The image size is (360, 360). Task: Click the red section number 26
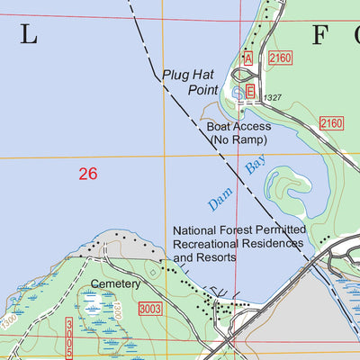pyautogui.click(x=87, y=174)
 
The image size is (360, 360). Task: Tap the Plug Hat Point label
pyautogui.click(x=185, y=82)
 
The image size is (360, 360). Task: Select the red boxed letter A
pyautogui.click(x=247, y=58)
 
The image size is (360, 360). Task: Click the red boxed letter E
pyautogui.click(x=251, y=92)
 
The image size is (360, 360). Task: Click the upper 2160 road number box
pyautogui.click(x=281, y=58)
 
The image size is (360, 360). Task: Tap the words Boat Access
pyautogui.click(x=238, y=127)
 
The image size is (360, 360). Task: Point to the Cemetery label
pyautogui.click(x=116, y=283)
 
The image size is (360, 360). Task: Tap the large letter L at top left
pyautogui.click(x=30, y=36)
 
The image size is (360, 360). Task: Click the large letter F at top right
pyautogui.click(x=321, y=36)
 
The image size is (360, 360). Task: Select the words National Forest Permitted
pyautogui.click(x=239, y=230)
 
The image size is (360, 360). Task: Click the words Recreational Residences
pyautogui.click(x=239, y=244)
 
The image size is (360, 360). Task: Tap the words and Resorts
pyautogui.click(x=204, y=257)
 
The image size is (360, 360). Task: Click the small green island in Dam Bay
pyautogui.click(x=290, y=187)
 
